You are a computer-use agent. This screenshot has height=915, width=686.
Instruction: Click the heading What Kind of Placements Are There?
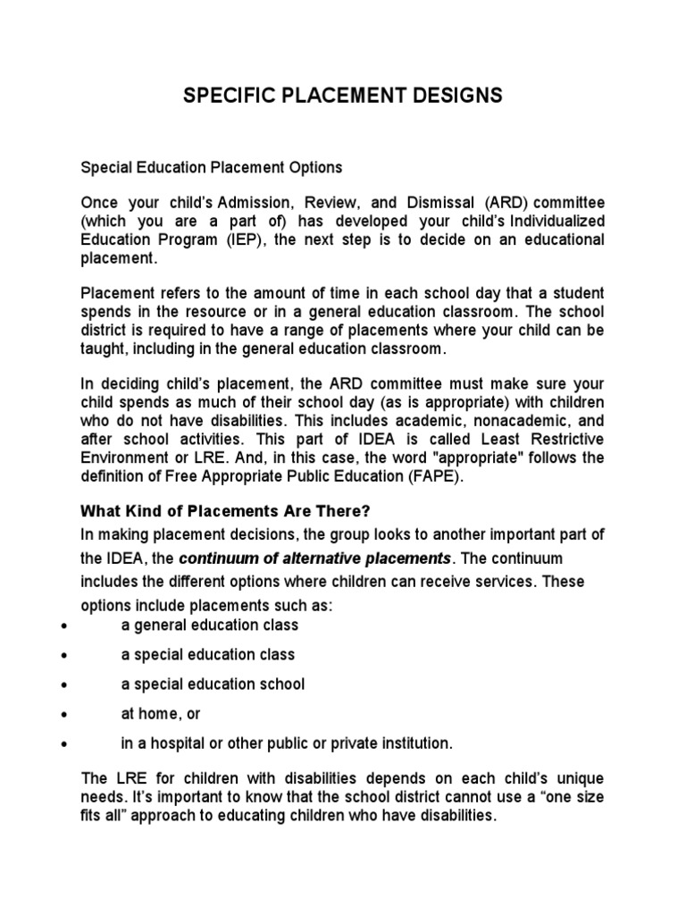coord(225,511)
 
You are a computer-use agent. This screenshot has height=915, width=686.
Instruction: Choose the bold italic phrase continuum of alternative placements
coord(315,558)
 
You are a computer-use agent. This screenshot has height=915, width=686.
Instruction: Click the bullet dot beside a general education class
coord(64,625)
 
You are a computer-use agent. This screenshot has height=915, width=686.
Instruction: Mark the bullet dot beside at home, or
coord(64,714)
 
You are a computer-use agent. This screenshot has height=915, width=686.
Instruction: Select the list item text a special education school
coord(213,684)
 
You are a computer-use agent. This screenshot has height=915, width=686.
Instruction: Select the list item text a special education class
coord(208,655)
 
